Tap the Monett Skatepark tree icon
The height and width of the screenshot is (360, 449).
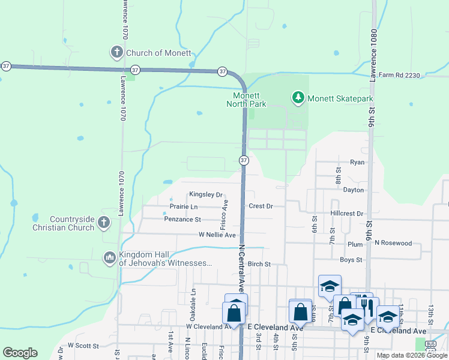coord(297,97)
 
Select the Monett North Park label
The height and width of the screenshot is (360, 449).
coord(246,100)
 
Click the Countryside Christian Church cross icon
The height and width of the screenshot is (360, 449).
coord(103,223)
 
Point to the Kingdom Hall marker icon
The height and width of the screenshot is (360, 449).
coord(109,257)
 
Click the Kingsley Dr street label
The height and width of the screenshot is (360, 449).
coord(206,194)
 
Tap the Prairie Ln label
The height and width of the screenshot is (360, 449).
coord(184,206)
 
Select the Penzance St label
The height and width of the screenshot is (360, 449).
coord(182,220)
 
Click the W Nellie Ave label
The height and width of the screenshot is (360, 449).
coord(217,235)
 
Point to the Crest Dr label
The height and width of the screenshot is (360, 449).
coord(261,206)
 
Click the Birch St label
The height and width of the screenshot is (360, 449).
coord(259,264)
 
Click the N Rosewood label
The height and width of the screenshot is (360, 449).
coord(393,243)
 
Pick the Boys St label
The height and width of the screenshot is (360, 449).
coord(351,260)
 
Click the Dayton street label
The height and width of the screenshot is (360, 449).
coord(354,190)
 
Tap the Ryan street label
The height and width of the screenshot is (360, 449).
coord(357,163)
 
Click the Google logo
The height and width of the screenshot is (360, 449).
coord(20,353)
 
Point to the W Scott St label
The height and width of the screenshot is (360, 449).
coord(83,346)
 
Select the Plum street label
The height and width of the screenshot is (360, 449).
coord(355,245)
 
